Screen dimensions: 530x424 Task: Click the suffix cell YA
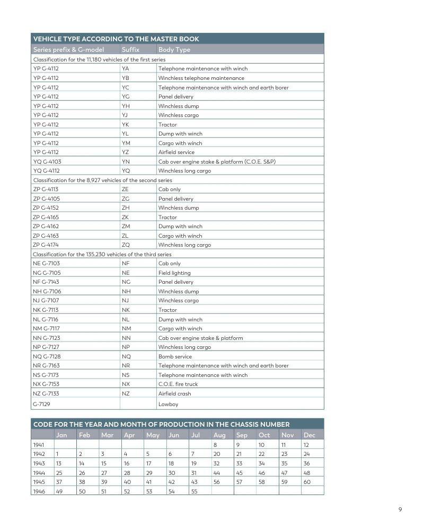125,68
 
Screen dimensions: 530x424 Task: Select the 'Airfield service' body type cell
176,152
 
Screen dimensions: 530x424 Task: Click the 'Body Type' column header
174,50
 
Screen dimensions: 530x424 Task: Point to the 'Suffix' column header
130,50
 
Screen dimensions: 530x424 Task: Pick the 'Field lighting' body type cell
174,273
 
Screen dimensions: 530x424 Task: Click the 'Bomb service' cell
175,356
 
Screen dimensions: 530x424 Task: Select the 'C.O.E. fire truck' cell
178,384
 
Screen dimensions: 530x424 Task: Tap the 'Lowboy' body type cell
168,404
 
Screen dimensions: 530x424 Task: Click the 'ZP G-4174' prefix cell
46,245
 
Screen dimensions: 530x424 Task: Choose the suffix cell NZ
126,393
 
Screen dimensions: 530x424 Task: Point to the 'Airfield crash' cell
174,393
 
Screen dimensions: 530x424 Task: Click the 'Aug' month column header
219,435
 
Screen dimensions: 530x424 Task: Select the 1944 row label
39,473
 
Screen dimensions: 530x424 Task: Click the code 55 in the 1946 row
194,491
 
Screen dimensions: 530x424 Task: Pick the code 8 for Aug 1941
215,445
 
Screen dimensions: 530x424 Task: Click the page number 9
400,510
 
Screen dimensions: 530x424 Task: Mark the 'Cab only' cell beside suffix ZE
169,190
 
